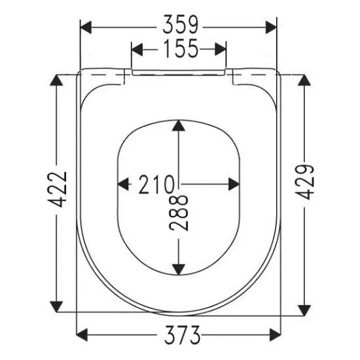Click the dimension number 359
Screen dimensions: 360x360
180,25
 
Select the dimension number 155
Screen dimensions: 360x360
181,48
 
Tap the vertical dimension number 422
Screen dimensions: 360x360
58,189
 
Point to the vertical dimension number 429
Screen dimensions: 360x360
304,182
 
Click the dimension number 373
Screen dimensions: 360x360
182,334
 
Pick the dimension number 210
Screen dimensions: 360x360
156,185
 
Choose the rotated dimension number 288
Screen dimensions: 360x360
179,213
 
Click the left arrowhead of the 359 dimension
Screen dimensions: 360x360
86,27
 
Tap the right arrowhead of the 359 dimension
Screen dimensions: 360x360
271,27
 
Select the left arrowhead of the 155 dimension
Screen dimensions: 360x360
137,49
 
